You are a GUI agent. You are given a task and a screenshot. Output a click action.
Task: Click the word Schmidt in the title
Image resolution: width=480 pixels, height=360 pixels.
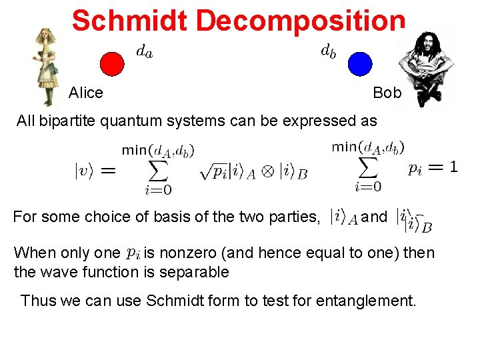click(131, 21)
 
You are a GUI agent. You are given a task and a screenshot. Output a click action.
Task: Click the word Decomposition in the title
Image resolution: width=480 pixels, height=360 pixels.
click(300, 21)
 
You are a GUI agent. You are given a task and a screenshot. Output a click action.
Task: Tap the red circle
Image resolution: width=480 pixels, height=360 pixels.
click(112, 64)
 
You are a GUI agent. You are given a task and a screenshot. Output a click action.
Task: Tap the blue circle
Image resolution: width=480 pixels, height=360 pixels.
click(359, 64)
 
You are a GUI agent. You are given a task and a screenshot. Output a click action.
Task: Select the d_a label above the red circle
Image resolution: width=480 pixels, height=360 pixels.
click(143, 51)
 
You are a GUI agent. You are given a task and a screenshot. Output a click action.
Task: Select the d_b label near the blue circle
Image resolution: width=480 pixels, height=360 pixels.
click(328, 50)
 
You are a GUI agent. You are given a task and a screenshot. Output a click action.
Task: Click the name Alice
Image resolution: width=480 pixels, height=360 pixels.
click(86, 93)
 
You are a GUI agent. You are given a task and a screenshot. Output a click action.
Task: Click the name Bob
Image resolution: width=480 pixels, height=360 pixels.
click(387, 93)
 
